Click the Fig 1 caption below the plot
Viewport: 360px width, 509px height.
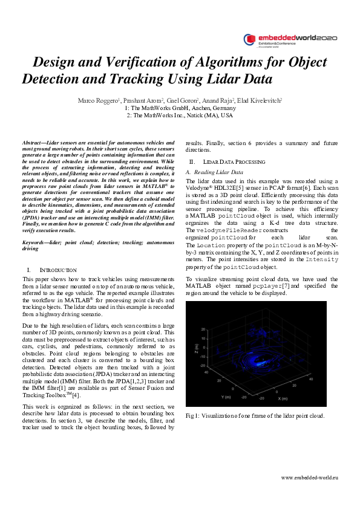click(x=255, y=415)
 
